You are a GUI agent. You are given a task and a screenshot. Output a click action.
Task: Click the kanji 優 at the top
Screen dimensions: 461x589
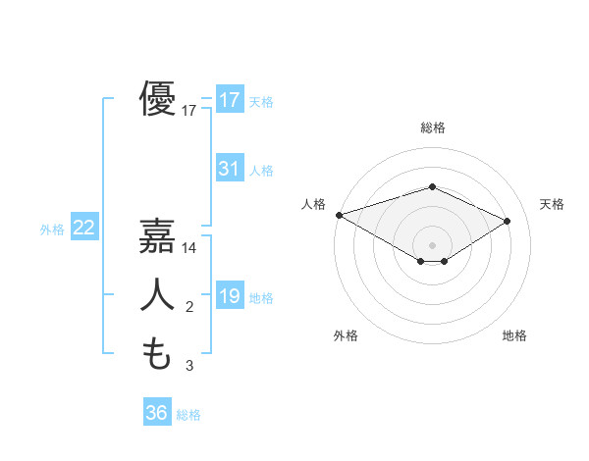[157, 99]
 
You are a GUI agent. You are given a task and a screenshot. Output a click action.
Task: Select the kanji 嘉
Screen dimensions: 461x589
[157, 236]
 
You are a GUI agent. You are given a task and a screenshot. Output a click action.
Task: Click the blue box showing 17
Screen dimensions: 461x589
[229, 100]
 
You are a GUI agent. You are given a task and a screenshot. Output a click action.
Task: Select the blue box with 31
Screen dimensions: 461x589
[229, 169]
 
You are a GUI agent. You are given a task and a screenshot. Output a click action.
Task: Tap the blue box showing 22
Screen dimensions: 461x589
[83, 228]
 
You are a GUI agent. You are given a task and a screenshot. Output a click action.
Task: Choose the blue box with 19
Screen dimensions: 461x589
[229, 296]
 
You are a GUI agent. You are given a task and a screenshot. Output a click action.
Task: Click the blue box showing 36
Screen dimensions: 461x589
[156, 413]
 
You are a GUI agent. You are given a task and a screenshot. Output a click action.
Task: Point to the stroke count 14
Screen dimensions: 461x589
[190, 249]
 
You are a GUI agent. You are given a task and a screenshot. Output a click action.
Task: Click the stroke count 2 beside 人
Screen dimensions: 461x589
[189, 308]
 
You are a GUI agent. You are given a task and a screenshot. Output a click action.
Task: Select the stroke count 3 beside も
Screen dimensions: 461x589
[189, 366]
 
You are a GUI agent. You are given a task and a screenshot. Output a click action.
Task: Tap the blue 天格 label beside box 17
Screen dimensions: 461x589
[261, 101]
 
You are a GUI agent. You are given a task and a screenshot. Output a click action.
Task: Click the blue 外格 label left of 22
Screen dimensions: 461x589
[52, 230]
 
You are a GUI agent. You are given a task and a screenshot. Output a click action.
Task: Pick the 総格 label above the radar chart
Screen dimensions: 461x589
[432, 128]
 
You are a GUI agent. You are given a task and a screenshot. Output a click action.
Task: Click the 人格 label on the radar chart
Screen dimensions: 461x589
[313, 204]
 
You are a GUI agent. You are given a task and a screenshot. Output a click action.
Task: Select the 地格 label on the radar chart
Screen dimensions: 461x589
[514, 335]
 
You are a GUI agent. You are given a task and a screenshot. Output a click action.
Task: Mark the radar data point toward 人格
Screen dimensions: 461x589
[339, 215]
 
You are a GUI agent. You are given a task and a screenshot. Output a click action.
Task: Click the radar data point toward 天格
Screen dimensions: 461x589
[508, 222]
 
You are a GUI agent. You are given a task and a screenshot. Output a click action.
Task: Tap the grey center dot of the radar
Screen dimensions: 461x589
[432, 244]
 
